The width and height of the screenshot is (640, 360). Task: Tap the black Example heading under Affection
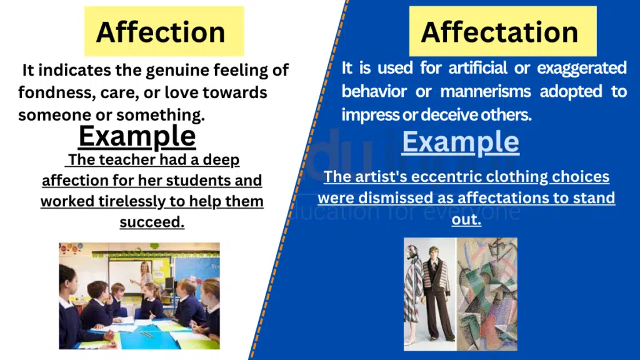[x=137, y=136]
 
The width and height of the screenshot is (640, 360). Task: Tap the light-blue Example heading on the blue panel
[x=460, y=142]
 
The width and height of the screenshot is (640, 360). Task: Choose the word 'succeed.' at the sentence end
[x=152, y=222]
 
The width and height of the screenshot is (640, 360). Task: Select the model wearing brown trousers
[x=437, y=294]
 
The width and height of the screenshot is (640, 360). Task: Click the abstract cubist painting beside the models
[x=487, y=294]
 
